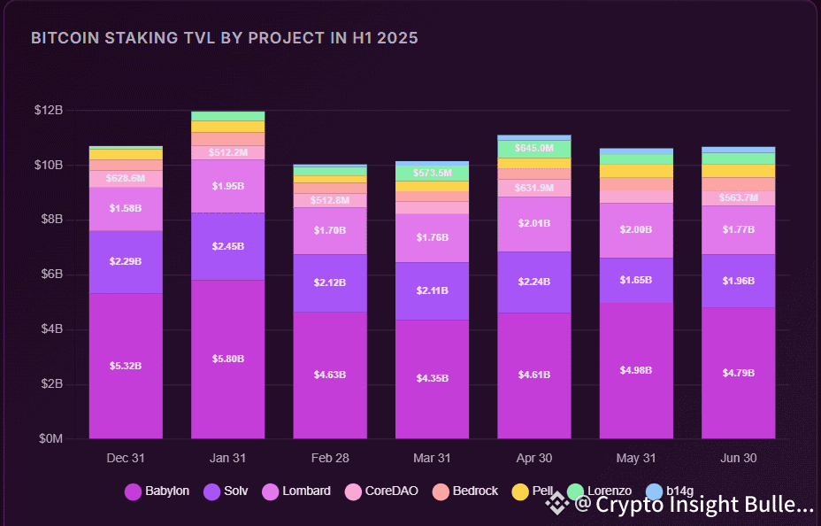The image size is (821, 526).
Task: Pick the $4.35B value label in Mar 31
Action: point(433,378)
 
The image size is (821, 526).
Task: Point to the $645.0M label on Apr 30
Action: point(534,148)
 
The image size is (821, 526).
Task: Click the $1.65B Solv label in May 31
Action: point(636,280)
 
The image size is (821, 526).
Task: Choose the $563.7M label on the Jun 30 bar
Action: point(739,197)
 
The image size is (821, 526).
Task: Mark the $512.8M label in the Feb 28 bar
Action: point(330,200)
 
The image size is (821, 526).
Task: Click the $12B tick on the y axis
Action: point(49,110)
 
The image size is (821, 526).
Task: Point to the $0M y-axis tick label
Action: point(49,438)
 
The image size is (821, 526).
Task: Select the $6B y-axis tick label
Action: point(49,275)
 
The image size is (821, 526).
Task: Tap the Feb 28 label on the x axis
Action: point(330,459)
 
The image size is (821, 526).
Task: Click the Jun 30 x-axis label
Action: point(739,459)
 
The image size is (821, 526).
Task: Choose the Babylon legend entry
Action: point(157,491)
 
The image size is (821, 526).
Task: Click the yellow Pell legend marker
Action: point(520,491)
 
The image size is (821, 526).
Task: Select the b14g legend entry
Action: point(669,491)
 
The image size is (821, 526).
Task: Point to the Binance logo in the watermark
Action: point(557,505)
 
